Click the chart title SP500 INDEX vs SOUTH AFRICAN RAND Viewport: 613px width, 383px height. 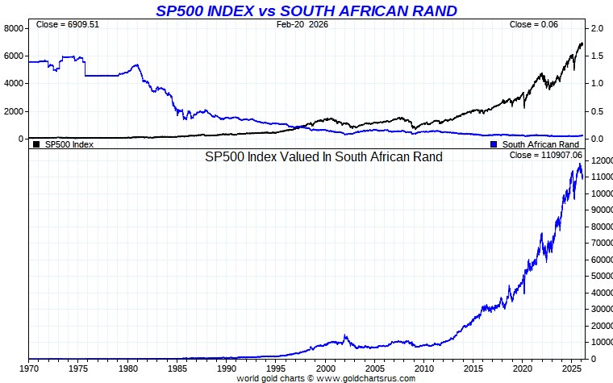click(x=306, y=10)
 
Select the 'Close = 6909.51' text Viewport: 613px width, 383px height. click(x=68, y=25)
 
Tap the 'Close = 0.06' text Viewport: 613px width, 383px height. click(x=534, y=25)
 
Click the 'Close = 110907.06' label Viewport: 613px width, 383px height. click(x=544, y=154)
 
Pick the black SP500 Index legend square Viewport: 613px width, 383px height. click(x=36, y=144)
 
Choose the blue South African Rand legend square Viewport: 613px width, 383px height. click(x=494, y=144)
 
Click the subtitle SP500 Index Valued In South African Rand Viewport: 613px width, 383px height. click(x=323, y=157)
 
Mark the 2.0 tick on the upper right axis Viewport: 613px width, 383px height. click(x=597, y=28)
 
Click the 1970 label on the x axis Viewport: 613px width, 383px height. click(x=28, y=368)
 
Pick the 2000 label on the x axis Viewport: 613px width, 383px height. click(x=325, y=368)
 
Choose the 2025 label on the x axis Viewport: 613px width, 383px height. click(x=573, y=368)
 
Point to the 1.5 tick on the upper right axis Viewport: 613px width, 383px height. click(x=597, y=56)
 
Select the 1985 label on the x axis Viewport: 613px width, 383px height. click(x=177, y=368)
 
